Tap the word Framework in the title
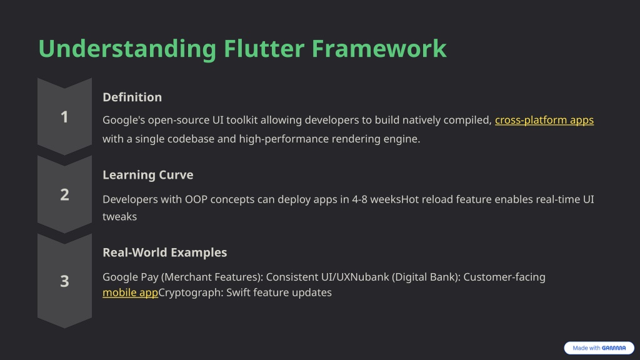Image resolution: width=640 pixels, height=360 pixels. pos(379,49)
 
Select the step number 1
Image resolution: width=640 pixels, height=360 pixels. pos(64,117)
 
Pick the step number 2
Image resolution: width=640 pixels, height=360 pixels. pos(64,195)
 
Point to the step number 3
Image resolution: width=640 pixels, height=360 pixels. pos(64,281)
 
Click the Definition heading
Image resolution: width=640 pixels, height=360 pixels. pos(132,97)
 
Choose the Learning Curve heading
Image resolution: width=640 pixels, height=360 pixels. pos(147,175)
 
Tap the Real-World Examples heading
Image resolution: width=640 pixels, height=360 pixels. pos(164,252)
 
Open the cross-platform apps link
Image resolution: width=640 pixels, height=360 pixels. pos(544,120)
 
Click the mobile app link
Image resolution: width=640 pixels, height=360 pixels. pos(130,292)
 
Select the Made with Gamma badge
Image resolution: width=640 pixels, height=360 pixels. pos(599,347)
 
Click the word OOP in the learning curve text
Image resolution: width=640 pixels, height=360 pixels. pos(196,199)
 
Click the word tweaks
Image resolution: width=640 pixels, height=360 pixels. pos(119,216)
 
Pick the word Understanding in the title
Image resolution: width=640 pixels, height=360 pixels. pos(127,49)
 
